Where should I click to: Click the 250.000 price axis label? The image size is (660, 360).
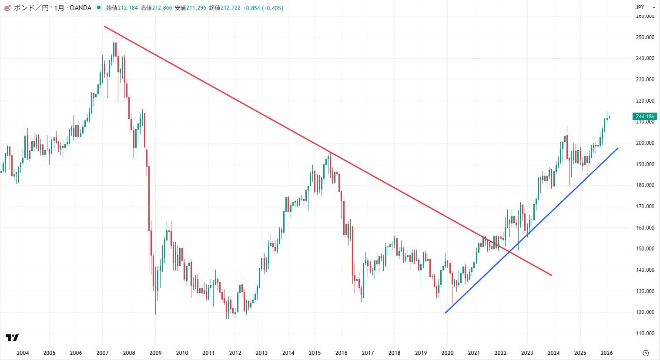pos(645,37)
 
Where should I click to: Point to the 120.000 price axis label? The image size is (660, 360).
pos(645,312)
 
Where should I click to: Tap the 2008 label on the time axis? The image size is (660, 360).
pos(129,353)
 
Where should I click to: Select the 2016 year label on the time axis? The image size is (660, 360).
pos(341,353)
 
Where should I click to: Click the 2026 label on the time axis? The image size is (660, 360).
pos(606,353)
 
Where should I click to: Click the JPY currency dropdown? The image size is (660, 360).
pos(645,7)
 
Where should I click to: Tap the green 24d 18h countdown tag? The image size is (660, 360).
pos(645,117)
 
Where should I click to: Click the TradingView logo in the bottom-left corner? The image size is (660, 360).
pos(12,337)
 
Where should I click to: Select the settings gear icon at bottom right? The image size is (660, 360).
pos(646,353)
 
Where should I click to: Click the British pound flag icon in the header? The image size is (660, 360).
pos(7,8)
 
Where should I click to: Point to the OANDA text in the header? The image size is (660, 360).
pos(80,8)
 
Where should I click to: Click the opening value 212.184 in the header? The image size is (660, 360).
pos(128,8)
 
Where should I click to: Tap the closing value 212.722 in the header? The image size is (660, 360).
pos(231,8)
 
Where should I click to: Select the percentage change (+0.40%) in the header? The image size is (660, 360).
pos(272,8)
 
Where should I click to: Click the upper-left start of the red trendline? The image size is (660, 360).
pos(104,27)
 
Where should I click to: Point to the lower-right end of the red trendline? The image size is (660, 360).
pos(552,275)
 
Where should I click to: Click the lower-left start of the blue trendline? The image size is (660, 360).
pos(445,313)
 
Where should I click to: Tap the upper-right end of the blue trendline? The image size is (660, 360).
pos(618,148)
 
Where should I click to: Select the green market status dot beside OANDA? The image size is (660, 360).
pos(99,7)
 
